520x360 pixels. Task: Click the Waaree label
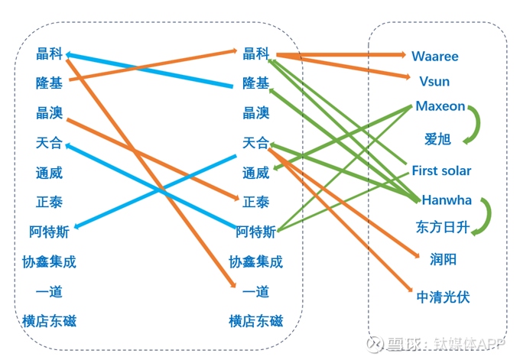point(435,57)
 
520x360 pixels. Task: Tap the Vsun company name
point(434,82)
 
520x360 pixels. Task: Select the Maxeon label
point(440,106)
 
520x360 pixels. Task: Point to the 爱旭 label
point(437,139)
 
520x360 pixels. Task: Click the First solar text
point(441,170)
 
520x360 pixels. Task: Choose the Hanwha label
point(447,200)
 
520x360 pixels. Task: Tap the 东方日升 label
point(443,228)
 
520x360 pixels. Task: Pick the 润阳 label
point(443,259)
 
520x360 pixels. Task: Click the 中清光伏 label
point(443,297)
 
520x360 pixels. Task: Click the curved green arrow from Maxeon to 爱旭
point(478,125)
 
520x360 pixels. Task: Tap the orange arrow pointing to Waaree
point(341,54)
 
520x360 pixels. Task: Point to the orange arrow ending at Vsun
point(343,66)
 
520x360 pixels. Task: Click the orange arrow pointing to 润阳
point(343,203)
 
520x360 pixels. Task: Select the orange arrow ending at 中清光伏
point(340,220)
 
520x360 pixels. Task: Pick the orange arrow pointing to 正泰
point(152,159)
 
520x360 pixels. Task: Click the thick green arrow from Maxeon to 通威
point(343,138)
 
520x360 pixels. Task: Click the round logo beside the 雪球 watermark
point(375,344)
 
